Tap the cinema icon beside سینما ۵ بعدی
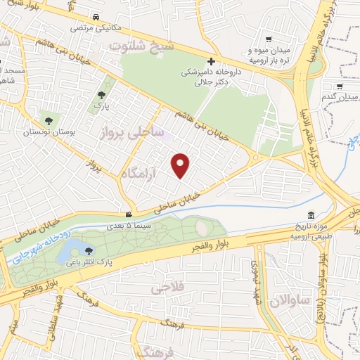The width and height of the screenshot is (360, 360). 128,214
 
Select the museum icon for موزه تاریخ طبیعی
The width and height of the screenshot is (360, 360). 311,214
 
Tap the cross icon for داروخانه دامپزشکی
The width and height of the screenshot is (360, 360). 211,61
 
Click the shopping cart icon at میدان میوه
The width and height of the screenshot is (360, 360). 268,40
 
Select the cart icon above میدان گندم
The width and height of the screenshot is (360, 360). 340,86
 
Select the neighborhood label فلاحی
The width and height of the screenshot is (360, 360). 167,288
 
